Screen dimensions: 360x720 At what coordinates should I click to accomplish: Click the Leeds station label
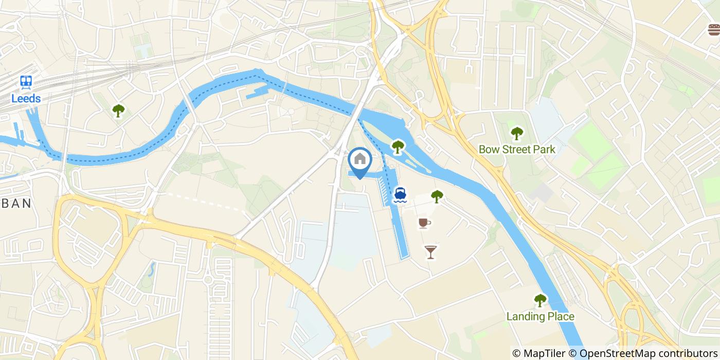pyautogui.click(x=26, y=98)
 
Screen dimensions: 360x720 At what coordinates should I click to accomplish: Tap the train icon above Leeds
pyautogui.click(x=26, y=82)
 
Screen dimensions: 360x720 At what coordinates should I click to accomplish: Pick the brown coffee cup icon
pyautogui.click(x=424, y=222)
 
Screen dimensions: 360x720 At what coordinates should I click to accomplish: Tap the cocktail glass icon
pyautogui.click(x=430, y=251)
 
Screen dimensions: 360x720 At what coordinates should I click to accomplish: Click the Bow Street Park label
pyautogui.click(x=517, y=150)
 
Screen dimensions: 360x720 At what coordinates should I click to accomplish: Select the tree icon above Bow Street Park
pyautogui.click(x=517, y=133)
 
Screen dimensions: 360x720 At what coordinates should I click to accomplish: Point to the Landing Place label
pyautogui.click(x=540, y=316)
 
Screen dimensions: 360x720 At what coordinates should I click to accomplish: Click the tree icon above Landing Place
pyautogui.click(x=540, y=300)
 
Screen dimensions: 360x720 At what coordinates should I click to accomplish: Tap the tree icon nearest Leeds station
pyautogui.click(x=119, y=110)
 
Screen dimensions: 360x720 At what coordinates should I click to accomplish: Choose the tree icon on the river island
pyautogui.click(x=398, y=147)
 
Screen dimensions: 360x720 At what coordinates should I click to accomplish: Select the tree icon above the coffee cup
pyautogui.click(x=437, y=196)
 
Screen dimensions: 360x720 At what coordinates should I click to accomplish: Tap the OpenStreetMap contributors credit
pyautogui.click(x=642, y=353)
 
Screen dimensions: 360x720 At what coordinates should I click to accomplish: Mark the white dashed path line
pyautogui.click(x=206, y=202)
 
